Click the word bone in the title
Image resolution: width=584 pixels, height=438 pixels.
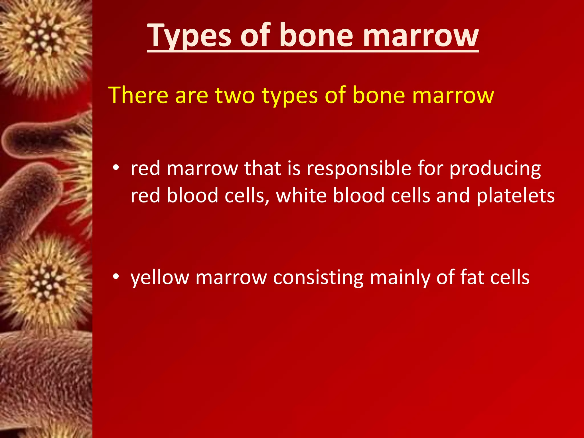(317, 36)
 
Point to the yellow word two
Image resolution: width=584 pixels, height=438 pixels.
(235, 95)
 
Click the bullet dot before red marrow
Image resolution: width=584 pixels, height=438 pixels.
(115, 168)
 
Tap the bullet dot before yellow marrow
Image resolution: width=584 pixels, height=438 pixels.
(115, 277)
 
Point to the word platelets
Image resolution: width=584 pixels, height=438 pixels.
(516, 196)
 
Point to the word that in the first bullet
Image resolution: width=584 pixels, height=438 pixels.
(262, 168)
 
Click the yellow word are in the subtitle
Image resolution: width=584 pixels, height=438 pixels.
(192, 96)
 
